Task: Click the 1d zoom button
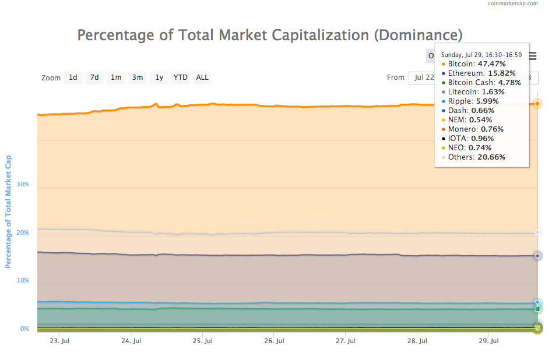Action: pyautogui.click(x=73, y=77)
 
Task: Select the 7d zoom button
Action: pyautogui.click(x=94, y=77)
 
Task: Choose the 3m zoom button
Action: pyautogui.click(x=138, y=77)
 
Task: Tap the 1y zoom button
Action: pyautogui.click(x=159, y=77)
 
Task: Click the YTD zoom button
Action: pyautogui.click(x=181, y=77)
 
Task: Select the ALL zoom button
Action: pyautogui.click(x=202, y=77)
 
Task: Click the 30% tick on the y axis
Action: pyautogui.click(x=23, y=184)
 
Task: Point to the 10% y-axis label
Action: pyautogui.click(x=23, y=280)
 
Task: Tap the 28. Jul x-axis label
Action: pyautogui.click(x=418, y=341)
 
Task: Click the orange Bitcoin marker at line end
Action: pyautogui.click(x=537, y=104)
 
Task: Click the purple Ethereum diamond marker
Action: pyautogui.click(x=537, y=256)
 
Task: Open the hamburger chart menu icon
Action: pyautogui.click(x=532, y=57)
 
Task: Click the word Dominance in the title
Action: pyautogui.click(x=417, y=35)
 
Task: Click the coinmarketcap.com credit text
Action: pyautogui.click(x=512, y=3)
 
